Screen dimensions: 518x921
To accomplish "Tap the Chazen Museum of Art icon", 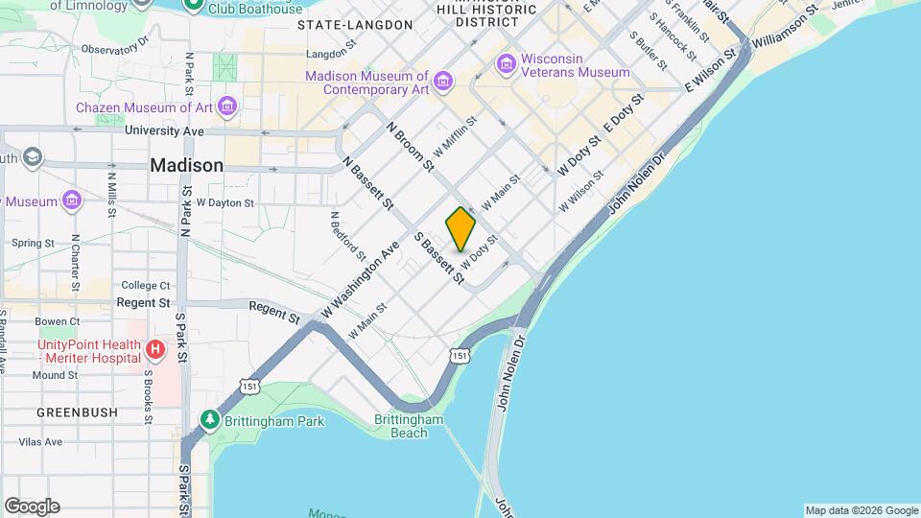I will coord(227,105).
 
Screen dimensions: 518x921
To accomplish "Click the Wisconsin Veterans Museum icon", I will coord(506,64).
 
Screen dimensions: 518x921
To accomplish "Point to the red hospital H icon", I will coord(155,351).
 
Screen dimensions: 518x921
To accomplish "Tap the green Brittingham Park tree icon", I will coord(208,420).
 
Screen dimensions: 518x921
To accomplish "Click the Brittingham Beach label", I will coord(409,426).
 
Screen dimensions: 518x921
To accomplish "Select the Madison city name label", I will coord(186,165).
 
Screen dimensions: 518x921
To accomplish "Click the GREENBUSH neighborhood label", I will coord(77,412).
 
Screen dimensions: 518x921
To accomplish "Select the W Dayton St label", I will coord(224,203).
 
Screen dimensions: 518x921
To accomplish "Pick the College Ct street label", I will coord(145,285).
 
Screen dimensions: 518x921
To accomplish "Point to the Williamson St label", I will coord(785,26).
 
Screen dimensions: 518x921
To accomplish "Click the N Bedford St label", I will coord(347,236).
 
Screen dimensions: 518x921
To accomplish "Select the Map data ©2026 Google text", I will coord(861,510).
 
